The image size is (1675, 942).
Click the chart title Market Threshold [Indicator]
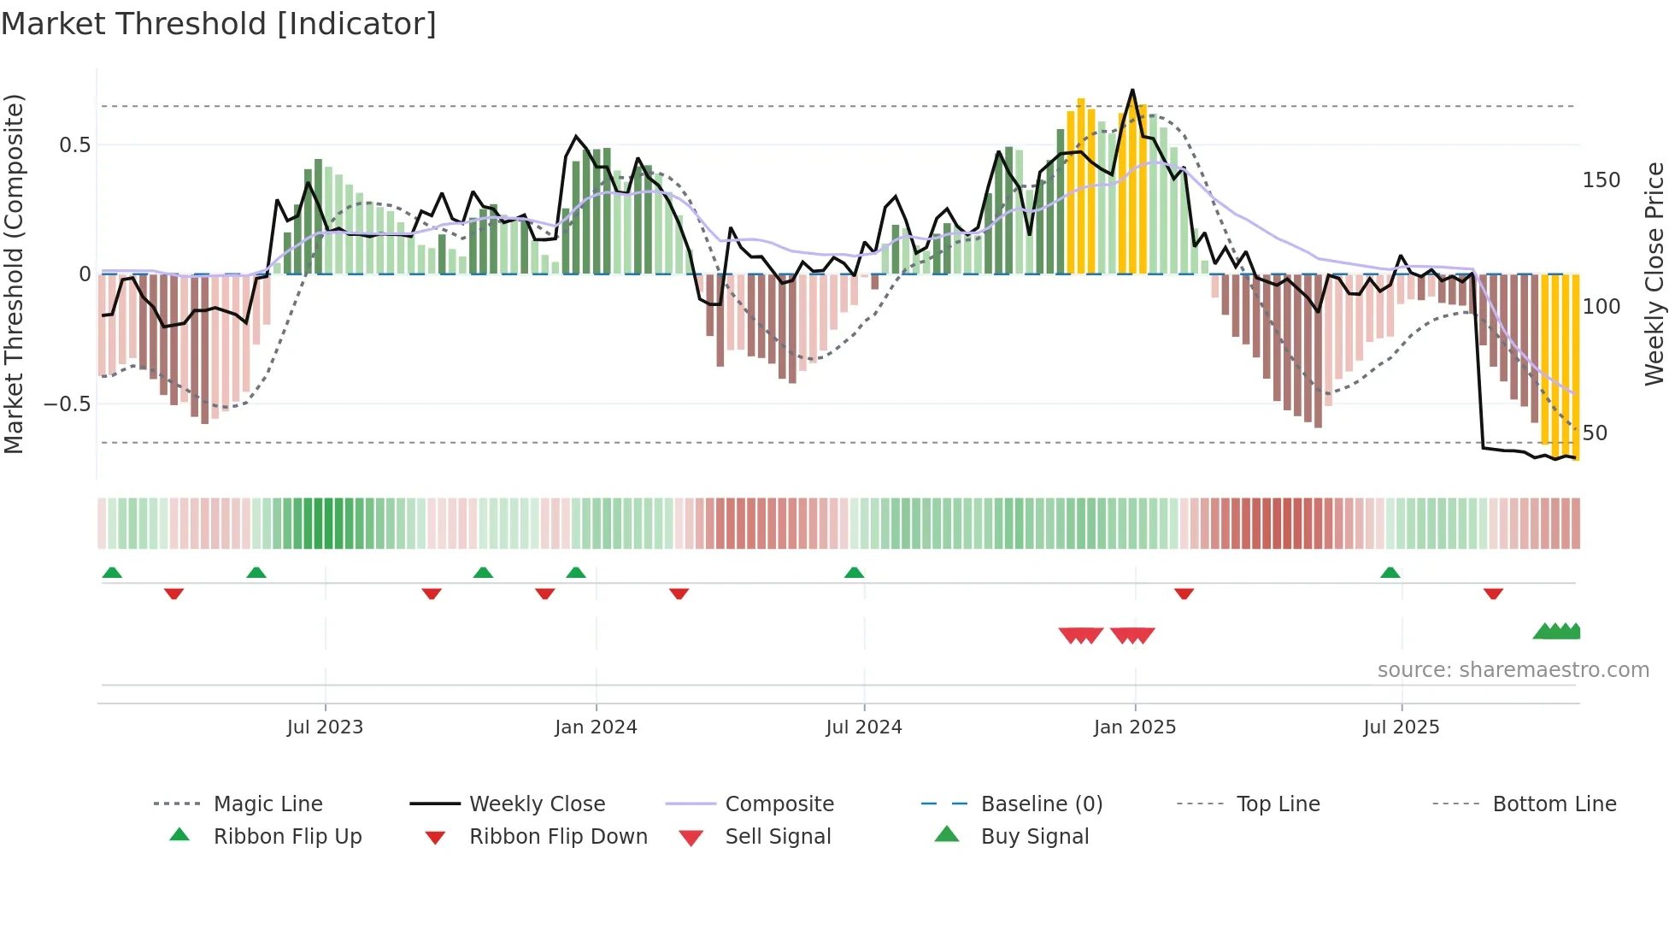[219, 24]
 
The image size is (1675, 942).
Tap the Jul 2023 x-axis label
[325, 727]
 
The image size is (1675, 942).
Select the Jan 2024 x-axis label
[596, 727]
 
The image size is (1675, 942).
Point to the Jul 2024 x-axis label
[864, 727]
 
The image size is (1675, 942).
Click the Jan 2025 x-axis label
[1135, 727]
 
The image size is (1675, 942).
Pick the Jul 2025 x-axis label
[1402, 727]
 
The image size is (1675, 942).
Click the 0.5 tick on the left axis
[74, 145]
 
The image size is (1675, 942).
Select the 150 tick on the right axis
[1602, 180]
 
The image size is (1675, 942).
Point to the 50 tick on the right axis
[1595, 433]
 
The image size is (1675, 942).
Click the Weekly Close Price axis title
[1655, 274]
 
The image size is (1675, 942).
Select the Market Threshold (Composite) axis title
[14, 274]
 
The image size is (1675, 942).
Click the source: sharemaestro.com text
[1513, 670]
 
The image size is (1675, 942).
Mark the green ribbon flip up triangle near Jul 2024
[854, 573]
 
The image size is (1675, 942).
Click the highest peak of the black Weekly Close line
[1132, 91]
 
